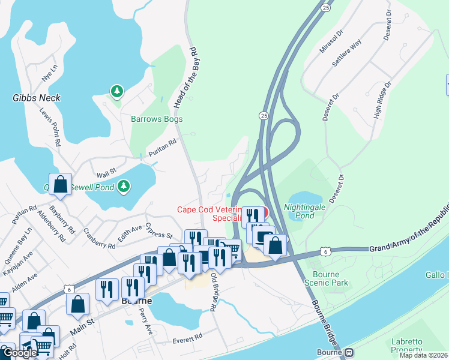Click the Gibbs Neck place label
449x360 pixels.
[37, 98]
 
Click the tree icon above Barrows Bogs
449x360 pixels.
[116, 92]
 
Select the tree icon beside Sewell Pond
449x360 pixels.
[124, 187]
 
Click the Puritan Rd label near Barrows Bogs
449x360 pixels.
[162, 148]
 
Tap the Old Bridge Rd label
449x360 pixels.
[213, 292]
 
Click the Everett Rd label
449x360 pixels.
[188, 340]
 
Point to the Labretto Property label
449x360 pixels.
[411, 346]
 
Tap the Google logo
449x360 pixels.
[19, 353]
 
